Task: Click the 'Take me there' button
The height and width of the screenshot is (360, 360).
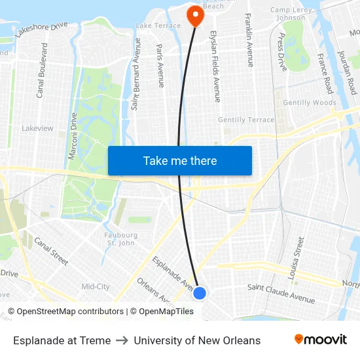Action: tap(180, 160)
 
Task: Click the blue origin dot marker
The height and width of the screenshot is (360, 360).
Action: tap(200, 293)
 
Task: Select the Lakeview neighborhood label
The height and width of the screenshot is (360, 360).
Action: tap(37, 128)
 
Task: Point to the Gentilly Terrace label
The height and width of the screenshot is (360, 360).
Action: tap(246, 120)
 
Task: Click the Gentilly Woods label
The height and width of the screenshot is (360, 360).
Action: tap(310, 103)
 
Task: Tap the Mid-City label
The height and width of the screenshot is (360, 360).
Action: tap(95, 287)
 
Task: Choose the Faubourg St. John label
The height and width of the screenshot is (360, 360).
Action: tap(122, 239)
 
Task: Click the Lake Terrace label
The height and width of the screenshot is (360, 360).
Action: tap(157, 26)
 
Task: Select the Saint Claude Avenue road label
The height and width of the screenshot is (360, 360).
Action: tap(281, 293)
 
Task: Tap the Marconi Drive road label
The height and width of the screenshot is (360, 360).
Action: tap(73, 136)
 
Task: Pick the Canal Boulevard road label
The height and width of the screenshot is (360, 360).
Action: tap(41, 71)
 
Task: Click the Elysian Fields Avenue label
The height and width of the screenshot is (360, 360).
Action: tap(215, 66)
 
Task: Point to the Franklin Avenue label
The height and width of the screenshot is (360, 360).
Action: tap(249, 40)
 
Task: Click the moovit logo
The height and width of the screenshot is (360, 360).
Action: tap(321, 340)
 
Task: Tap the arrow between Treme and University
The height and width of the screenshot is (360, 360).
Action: tap(122, 340)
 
